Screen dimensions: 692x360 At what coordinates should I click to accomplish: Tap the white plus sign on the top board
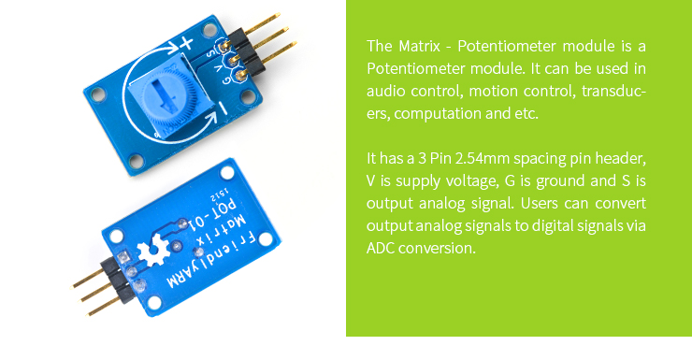tap(184, 43)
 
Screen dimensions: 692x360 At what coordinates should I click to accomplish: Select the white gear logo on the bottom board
tap(150, 252)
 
